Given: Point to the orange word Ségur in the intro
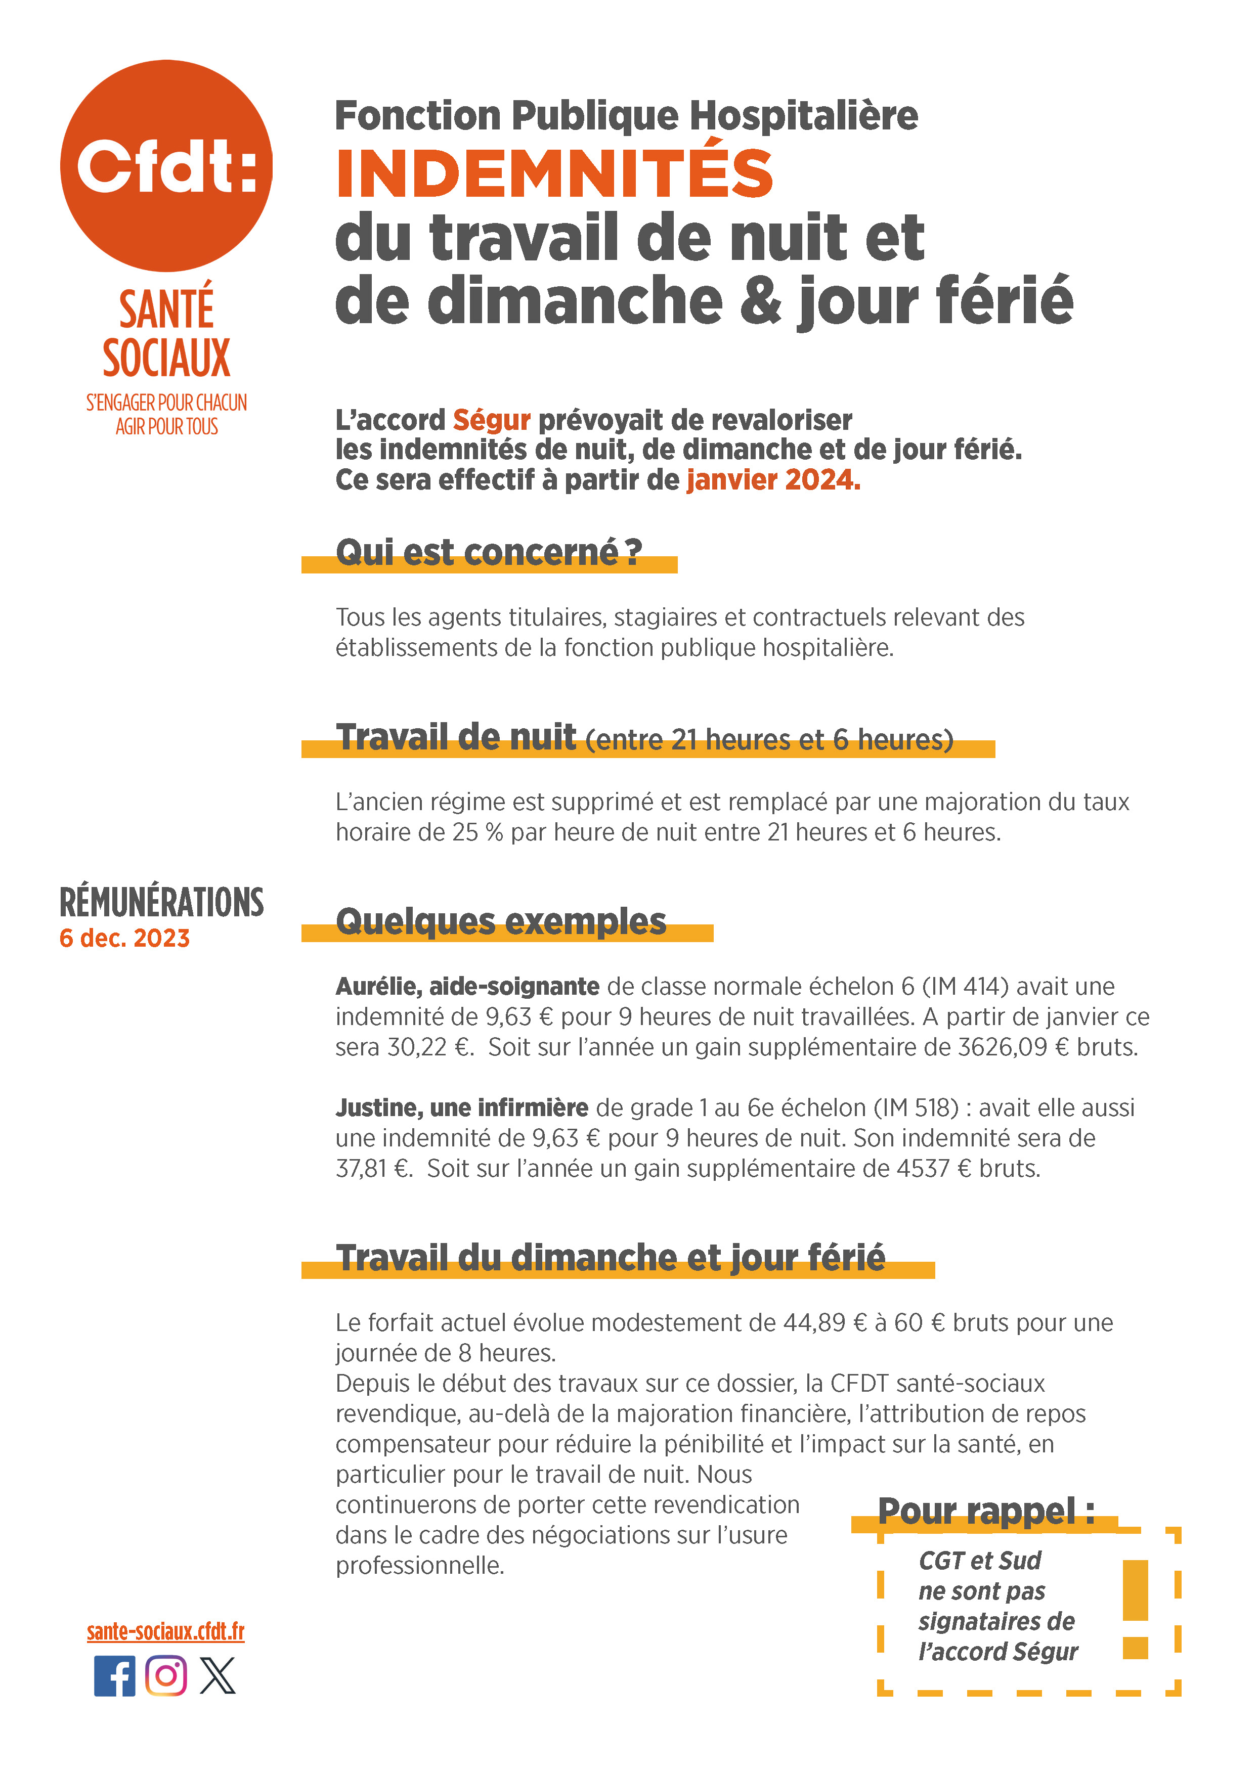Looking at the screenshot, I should click(492, 420).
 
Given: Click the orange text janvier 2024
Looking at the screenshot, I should click(773, 480).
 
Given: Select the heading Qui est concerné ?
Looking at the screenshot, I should click(489, 553).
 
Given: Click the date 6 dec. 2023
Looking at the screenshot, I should click(124, 939).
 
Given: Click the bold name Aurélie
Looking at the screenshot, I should click(378, 987).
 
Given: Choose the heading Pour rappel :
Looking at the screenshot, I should click(985, 1511).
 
